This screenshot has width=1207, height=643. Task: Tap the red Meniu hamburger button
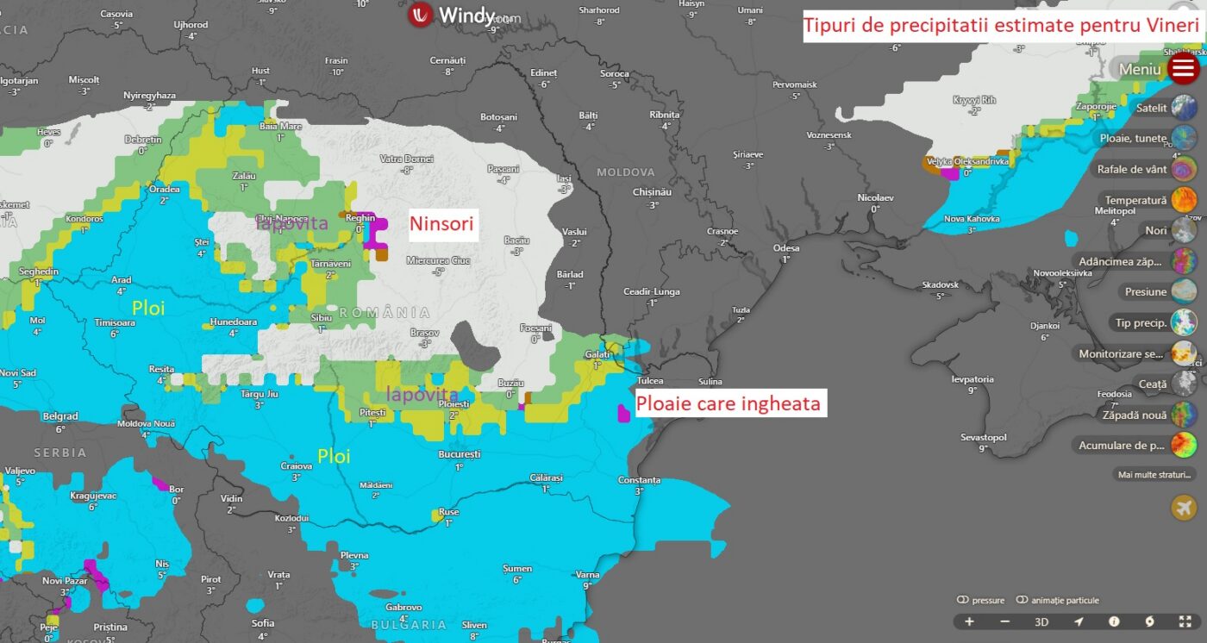(1184, 68)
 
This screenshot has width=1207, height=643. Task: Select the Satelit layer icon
(1183, 109)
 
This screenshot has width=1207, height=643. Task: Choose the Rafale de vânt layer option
(1183, 170)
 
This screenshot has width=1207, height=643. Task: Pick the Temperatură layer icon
(1183, 200)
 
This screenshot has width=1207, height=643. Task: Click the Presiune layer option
(1183, 292)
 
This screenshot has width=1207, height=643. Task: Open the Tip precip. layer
(1183, 323)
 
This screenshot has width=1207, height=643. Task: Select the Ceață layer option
(1183, 384)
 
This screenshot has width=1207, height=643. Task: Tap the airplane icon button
(1183, 508)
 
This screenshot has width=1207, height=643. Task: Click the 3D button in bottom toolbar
(1041, 621)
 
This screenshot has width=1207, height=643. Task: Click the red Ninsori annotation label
(441, 224)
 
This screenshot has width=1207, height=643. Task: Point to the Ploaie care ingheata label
(728, 403)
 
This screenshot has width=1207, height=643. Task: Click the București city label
(459, 453)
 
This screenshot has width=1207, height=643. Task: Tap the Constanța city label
(639, 480)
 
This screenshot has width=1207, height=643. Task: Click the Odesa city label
(786, 248)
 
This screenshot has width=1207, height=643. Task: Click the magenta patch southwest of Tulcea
(623, 412)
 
